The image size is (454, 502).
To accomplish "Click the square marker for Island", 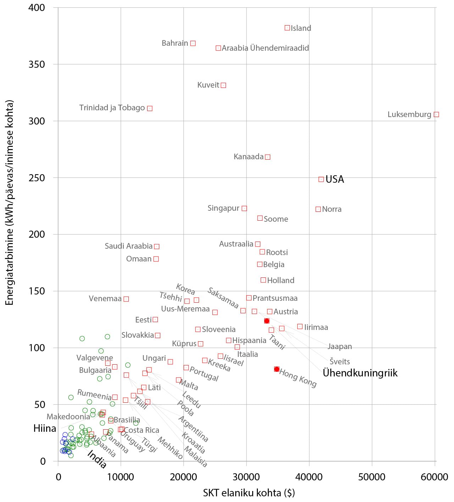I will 287,28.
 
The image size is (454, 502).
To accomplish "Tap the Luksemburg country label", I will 409,115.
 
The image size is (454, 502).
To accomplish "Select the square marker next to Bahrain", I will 193,43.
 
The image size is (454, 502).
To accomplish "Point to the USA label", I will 334,179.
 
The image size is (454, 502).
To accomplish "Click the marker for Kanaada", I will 268,157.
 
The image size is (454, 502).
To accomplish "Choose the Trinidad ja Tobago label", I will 112,108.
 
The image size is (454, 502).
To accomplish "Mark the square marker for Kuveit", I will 223,85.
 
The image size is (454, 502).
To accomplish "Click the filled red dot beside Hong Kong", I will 277,369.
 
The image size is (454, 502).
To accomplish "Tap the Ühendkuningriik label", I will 360,373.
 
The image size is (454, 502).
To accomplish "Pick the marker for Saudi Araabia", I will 157,246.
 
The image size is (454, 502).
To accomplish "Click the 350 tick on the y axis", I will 37,64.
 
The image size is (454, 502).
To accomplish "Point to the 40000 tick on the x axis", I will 309,477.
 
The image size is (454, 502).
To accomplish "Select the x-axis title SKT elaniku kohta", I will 249,493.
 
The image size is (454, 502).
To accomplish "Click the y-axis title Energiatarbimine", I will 10,202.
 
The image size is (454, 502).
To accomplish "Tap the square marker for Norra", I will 318,209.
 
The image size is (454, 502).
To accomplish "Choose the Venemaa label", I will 105,299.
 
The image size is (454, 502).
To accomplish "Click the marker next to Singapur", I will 244,208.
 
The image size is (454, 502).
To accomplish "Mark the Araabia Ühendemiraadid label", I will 265,48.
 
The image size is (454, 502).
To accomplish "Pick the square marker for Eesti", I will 155,320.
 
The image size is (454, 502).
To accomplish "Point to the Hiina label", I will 45,429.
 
